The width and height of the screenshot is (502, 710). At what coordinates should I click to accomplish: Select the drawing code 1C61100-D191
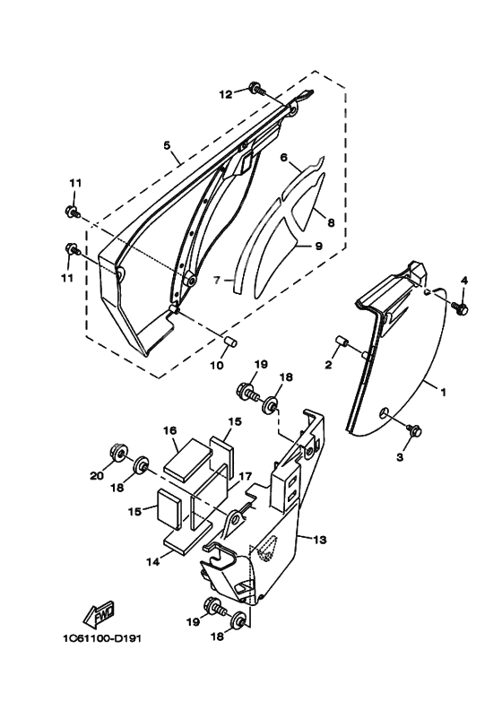point(102,638)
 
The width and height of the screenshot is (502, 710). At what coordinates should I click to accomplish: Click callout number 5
point(167,145)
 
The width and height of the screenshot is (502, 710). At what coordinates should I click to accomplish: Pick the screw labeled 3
point(414,429)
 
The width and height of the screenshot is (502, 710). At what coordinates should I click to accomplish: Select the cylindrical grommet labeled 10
point(231,342)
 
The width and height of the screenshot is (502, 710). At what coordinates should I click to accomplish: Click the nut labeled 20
point(119,453)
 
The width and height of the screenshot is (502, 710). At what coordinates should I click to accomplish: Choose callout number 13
point(320,540)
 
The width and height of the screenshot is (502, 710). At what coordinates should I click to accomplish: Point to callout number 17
point(245,476)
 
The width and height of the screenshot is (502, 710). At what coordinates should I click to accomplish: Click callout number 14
point(153,561)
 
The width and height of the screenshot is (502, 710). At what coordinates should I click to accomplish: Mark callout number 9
point(318,246)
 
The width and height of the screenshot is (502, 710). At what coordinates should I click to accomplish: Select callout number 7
point(217,281)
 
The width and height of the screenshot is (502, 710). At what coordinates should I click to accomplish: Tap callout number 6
point(284,158)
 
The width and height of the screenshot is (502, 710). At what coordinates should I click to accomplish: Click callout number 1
point(444,392)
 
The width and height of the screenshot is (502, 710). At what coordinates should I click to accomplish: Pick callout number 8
point(331,223)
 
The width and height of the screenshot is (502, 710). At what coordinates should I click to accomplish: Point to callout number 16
point(170,430)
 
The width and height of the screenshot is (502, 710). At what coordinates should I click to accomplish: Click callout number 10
point(217,365)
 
